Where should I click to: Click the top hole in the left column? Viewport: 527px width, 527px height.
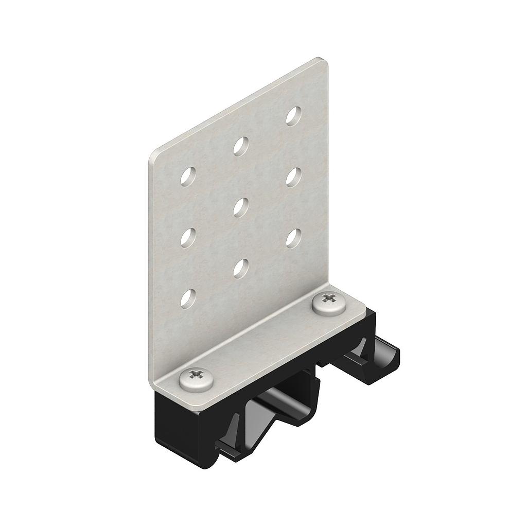click(x=188, y=177)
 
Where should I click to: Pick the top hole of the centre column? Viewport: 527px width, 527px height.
click(x=241, y=146)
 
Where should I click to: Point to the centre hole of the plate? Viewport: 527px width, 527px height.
click(x=241, y=207)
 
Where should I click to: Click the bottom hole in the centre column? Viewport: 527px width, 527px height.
click(x=241, y=267)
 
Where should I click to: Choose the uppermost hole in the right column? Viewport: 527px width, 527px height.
click(x=294, y=116)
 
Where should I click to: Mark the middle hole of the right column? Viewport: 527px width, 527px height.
click(x=294, y=177)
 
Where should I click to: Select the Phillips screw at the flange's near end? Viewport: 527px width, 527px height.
click(x=196, y=378)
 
